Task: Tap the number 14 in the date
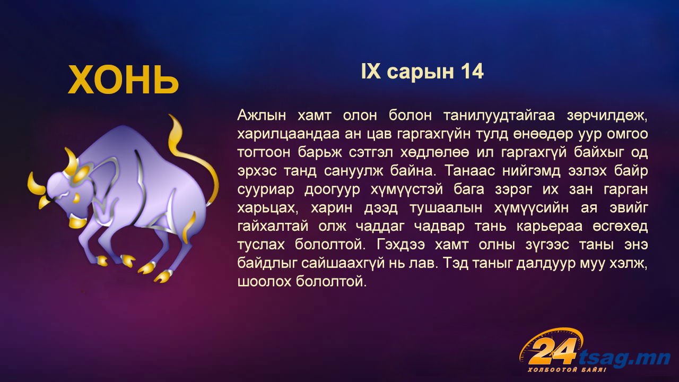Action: [472, 72]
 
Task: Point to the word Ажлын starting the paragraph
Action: [262, 116]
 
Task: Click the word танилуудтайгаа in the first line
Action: [499, 116]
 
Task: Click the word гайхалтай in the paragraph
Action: [273, 227]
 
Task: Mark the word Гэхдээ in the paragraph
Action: [401, 245]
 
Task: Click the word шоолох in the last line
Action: [264, 282]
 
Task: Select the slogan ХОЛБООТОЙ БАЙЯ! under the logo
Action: [567, 370]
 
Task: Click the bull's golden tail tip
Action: [171, 118]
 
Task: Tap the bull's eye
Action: [76, 198]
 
